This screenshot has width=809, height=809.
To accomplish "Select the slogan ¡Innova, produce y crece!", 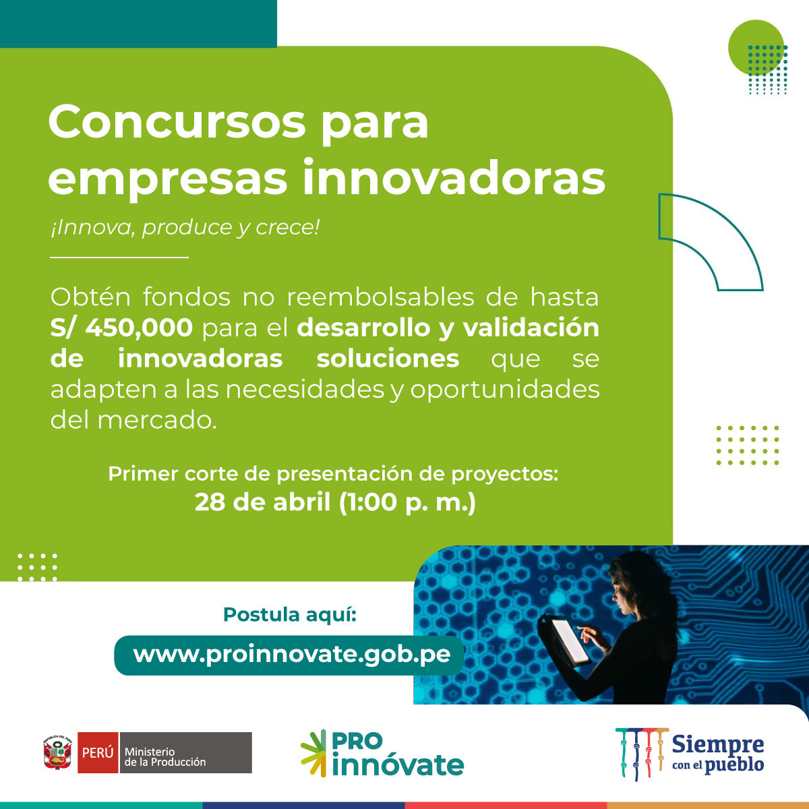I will pyautogui.click(x=185, y=227).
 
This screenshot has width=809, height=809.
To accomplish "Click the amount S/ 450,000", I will pyautogui.click(x=121, y=328).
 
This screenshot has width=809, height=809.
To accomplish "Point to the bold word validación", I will pyautogui.click(x=531, y=328).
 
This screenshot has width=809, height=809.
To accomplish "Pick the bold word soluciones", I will pyautogui.click(x=388, y=359).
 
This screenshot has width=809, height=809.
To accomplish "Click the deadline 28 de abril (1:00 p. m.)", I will pyautogui.click(x=335, y=502).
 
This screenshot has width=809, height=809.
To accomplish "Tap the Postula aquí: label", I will pyautogui.click(x=289, y=615).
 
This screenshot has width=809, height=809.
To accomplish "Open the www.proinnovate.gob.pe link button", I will pyautogui.click(x=291, y=655).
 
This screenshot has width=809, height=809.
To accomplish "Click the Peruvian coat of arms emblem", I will pyautogui.click(x=58, y=752).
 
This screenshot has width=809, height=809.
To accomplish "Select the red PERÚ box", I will pyautogui.click(x=97, y=752).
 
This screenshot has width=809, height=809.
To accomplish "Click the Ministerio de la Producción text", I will pyautogui.click(x=166, y=756).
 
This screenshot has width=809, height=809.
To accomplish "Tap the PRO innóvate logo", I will pyautogui.click(x=382, y=753).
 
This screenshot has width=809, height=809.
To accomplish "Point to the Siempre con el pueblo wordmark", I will pyautogui.click(x=718, y=753).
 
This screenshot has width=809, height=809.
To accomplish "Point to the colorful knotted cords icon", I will pyautogui.click(x=640, y=753).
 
